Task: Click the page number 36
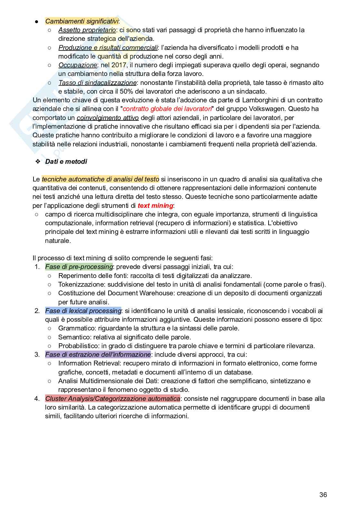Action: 323,494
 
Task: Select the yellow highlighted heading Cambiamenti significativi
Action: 82,21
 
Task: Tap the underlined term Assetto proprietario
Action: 87,30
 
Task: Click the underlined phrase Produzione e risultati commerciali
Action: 108,48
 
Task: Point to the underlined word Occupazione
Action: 78,65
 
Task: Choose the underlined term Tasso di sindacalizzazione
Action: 97,83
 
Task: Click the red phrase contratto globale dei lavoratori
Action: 167,109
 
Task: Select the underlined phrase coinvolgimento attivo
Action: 108,118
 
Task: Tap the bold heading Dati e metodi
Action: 66,162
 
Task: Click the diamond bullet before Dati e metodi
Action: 38,162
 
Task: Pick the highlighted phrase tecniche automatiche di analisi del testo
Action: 100,179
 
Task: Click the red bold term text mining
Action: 155,206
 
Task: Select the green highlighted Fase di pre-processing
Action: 79,267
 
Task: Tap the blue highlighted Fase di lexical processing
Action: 83,311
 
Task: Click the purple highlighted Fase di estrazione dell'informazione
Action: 98,355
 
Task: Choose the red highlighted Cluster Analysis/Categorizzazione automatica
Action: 112,399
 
